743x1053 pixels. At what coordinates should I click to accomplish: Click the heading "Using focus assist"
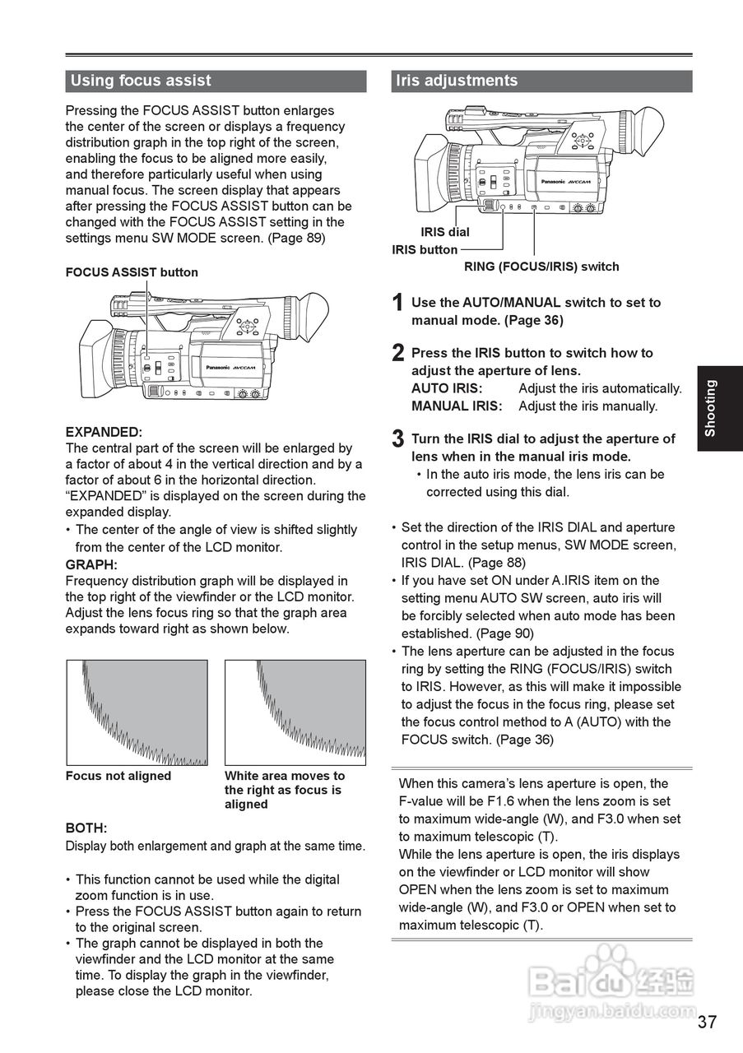click(x=141, y=81)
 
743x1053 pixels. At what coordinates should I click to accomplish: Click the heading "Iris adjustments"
click(x=457, y=81)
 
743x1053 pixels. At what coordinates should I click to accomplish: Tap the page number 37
click(x=707, y=1023)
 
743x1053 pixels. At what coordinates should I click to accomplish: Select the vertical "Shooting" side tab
click(x=711, y=407)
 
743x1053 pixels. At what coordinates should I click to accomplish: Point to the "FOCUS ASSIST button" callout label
click(x=132, y=272)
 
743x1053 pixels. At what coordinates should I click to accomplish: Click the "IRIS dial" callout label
click(x=444, y=232)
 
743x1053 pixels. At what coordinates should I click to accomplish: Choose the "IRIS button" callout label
click(x=425, y=249)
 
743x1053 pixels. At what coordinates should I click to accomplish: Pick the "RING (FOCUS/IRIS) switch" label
click(x=541, y=267)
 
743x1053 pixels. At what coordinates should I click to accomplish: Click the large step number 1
click(x=397, y=304)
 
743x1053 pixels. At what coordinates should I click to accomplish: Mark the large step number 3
click(x=397, y=439)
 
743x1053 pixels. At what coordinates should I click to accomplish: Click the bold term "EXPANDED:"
click(x=104, y=432)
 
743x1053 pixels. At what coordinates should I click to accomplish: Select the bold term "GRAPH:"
click(x=91, y=564)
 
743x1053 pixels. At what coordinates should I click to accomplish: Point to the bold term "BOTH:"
click(x=86, y=828)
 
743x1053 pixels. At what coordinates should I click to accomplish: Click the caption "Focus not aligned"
click(x=118, y=776)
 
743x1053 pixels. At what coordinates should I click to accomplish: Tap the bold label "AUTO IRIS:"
click(x=447, y=388)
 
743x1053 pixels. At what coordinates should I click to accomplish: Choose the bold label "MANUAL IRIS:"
click(x=457, y=406)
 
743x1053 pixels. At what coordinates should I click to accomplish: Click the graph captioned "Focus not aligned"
click(x=137, y=712)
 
